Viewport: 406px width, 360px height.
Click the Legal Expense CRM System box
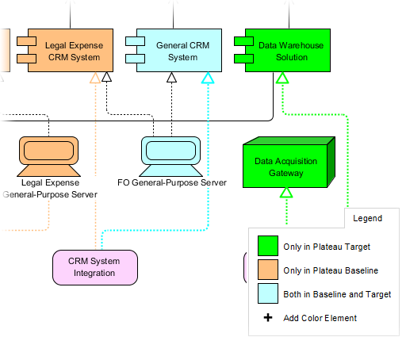tap(74, 52)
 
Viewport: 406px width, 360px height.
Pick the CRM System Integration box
tap(95, 268)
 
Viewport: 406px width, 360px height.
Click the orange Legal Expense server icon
tap(48, 155)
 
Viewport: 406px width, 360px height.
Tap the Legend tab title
tap(367, 218)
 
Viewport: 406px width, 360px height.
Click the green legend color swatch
tap(268, 247)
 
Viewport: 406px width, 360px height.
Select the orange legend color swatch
tap(268, 270)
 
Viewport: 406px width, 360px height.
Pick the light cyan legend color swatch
tap(268, 294)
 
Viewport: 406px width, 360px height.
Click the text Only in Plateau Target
tap(326, 247)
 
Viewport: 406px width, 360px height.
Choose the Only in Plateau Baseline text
tap(331, 270)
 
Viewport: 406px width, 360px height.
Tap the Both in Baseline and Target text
tap(337, 294)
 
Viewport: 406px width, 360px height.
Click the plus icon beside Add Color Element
tap(268, 318)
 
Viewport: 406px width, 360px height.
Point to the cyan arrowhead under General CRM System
tap(208, 78)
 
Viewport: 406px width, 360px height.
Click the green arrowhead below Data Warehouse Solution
tap(282, 78)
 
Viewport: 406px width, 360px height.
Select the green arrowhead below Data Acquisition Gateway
tap(286, 192)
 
